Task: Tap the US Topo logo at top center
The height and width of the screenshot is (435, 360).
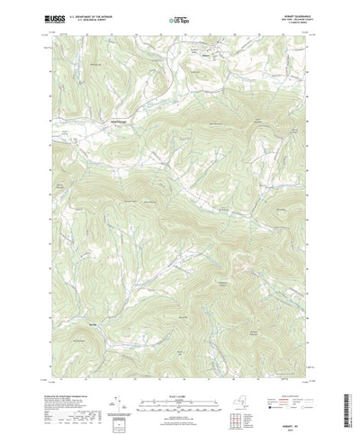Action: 179,18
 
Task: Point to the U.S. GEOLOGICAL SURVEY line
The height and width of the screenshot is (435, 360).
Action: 93,20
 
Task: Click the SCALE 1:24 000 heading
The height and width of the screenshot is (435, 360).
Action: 179,368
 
